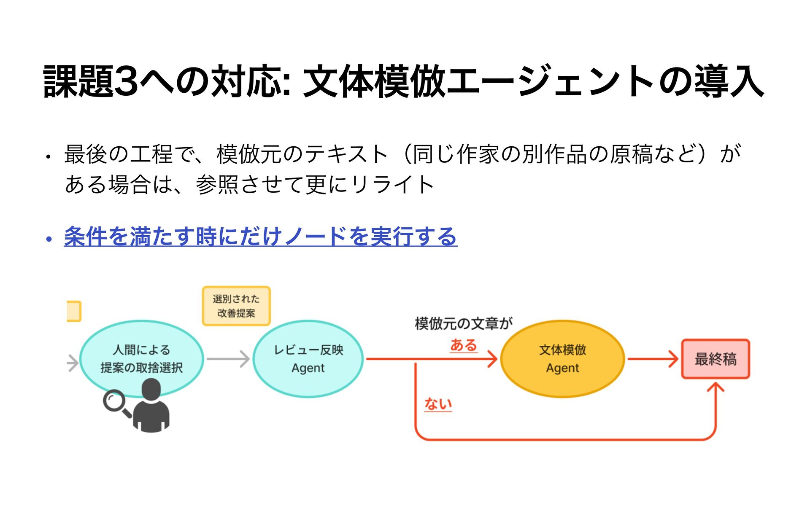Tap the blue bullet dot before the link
click(x=49, y=240)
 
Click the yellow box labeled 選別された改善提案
click(x=236, y=306)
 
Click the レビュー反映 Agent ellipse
click(x=308, y=358)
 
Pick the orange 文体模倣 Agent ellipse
click(x=562, y=358)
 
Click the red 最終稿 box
click(x=715, y=359)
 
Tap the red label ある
click(x=463, y=345)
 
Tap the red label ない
click(x=438, y=404)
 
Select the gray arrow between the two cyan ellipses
click(x=228, y=359)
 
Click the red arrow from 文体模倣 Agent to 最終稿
click(x=652, y=359)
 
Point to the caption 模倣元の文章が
click(x=463, y=323)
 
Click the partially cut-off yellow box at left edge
click(x=74, y=311)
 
